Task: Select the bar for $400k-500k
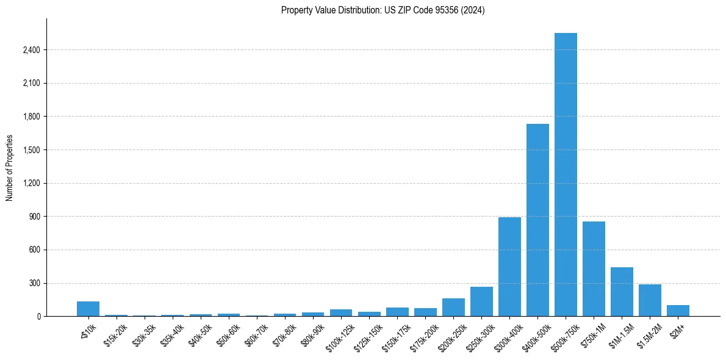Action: click(537, 220)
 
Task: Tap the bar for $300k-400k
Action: click(509, 267)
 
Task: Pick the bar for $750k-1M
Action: click(594, 268)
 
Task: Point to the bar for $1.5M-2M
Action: click(650, 300)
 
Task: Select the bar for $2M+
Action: click(678, 311)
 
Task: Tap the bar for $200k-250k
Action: click(453, 307)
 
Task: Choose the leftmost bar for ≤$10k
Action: click(88, 309)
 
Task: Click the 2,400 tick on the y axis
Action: click(31, 50)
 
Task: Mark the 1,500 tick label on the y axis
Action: click(31, 150)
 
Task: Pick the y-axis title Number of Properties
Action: click(9, 167)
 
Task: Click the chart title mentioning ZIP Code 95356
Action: click(383, 10)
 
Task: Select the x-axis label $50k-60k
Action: click(228, 333)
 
